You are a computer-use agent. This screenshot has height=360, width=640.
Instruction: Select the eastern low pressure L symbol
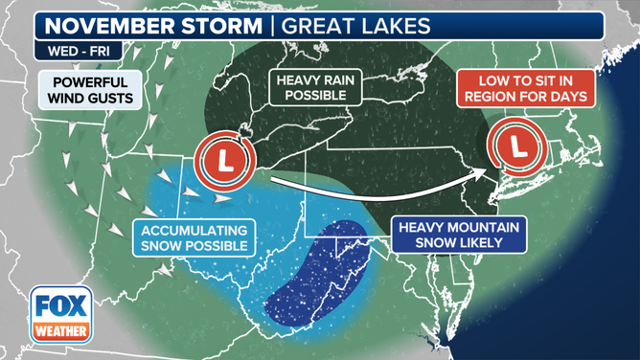(517, 147)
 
